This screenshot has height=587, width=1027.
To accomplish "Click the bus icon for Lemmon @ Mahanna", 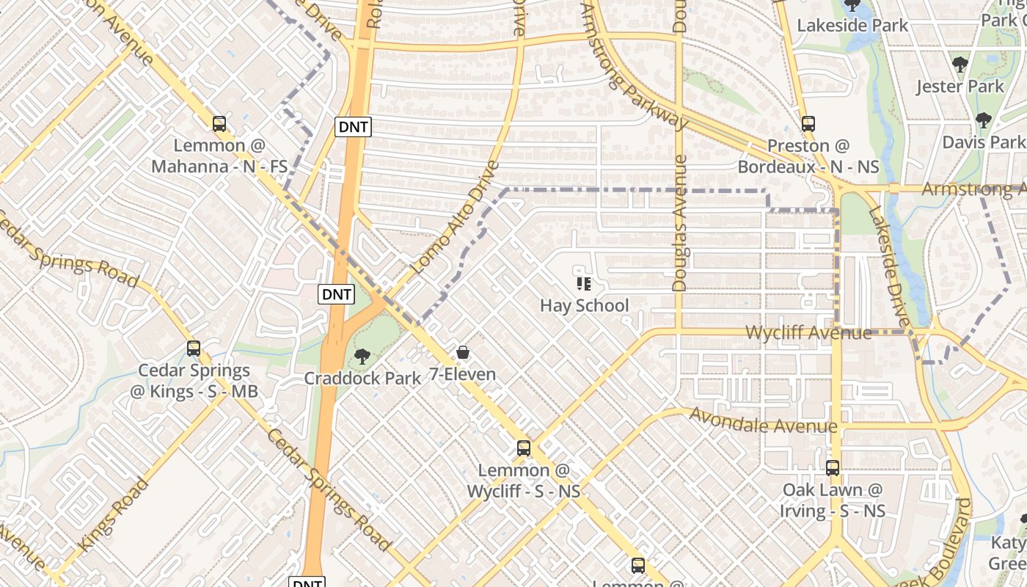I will point(219,124).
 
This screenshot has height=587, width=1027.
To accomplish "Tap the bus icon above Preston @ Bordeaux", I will point(808,124).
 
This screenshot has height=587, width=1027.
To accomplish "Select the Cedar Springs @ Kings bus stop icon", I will point(194,349).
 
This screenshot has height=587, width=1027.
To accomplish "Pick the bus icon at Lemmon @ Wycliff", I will point(523,448).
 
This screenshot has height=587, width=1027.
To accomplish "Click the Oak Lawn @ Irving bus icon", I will point(832,467).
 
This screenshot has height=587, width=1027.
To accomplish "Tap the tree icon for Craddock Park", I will point(362,357).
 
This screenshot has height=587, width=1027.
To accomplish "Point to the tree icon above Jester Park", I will point(960,65).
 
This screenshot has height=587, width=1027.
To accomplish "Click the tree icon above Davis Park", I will point(983,120).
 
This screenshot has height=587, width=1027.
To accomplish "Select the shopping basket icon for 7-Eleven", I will point(462,353).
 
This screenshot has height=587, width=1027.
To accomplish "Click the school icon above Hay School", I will point(584,283).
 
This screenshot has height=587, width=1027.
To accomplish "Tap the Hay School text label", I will point(584,305).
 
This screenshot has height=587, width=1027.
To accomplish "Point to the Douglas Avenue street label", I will point(679,223).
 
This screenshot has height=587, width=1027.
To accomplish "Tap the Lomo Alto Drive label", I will point(455,218).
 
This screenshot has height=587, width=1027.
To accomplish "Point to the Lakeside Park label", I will point(852,25).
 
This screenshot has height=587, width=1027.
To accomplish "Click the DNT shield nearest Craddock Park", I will point(337,294).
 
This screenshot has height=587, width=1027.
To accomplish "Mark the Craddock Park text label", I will point(362,378).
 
